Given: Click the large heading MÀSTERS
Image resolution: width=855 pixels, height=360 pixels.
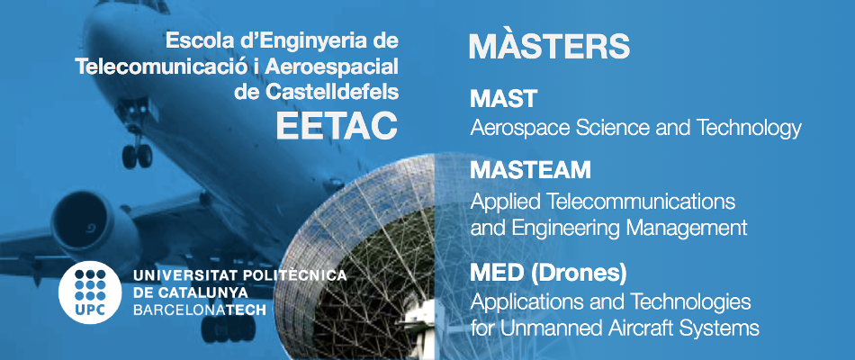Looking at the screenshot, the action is tap(549, 46).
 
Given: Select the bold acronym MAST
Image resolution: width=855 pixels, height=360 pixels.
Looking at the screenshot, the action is tap(503, 99).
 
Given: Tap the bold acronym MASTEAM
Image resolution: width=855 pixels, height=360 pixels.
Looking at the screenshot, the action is tap(530, 170).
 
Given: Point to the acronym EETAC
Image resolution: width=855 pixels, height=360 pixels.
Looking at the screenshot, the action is tap(337, 125).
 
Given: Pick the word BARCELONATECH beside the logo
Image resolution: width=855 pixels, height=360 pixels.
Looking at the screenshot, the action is tap(200, 310).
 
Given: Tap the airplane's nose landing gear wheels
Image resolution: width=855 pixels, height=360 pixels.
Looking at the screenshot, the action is tap(137, 156).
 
